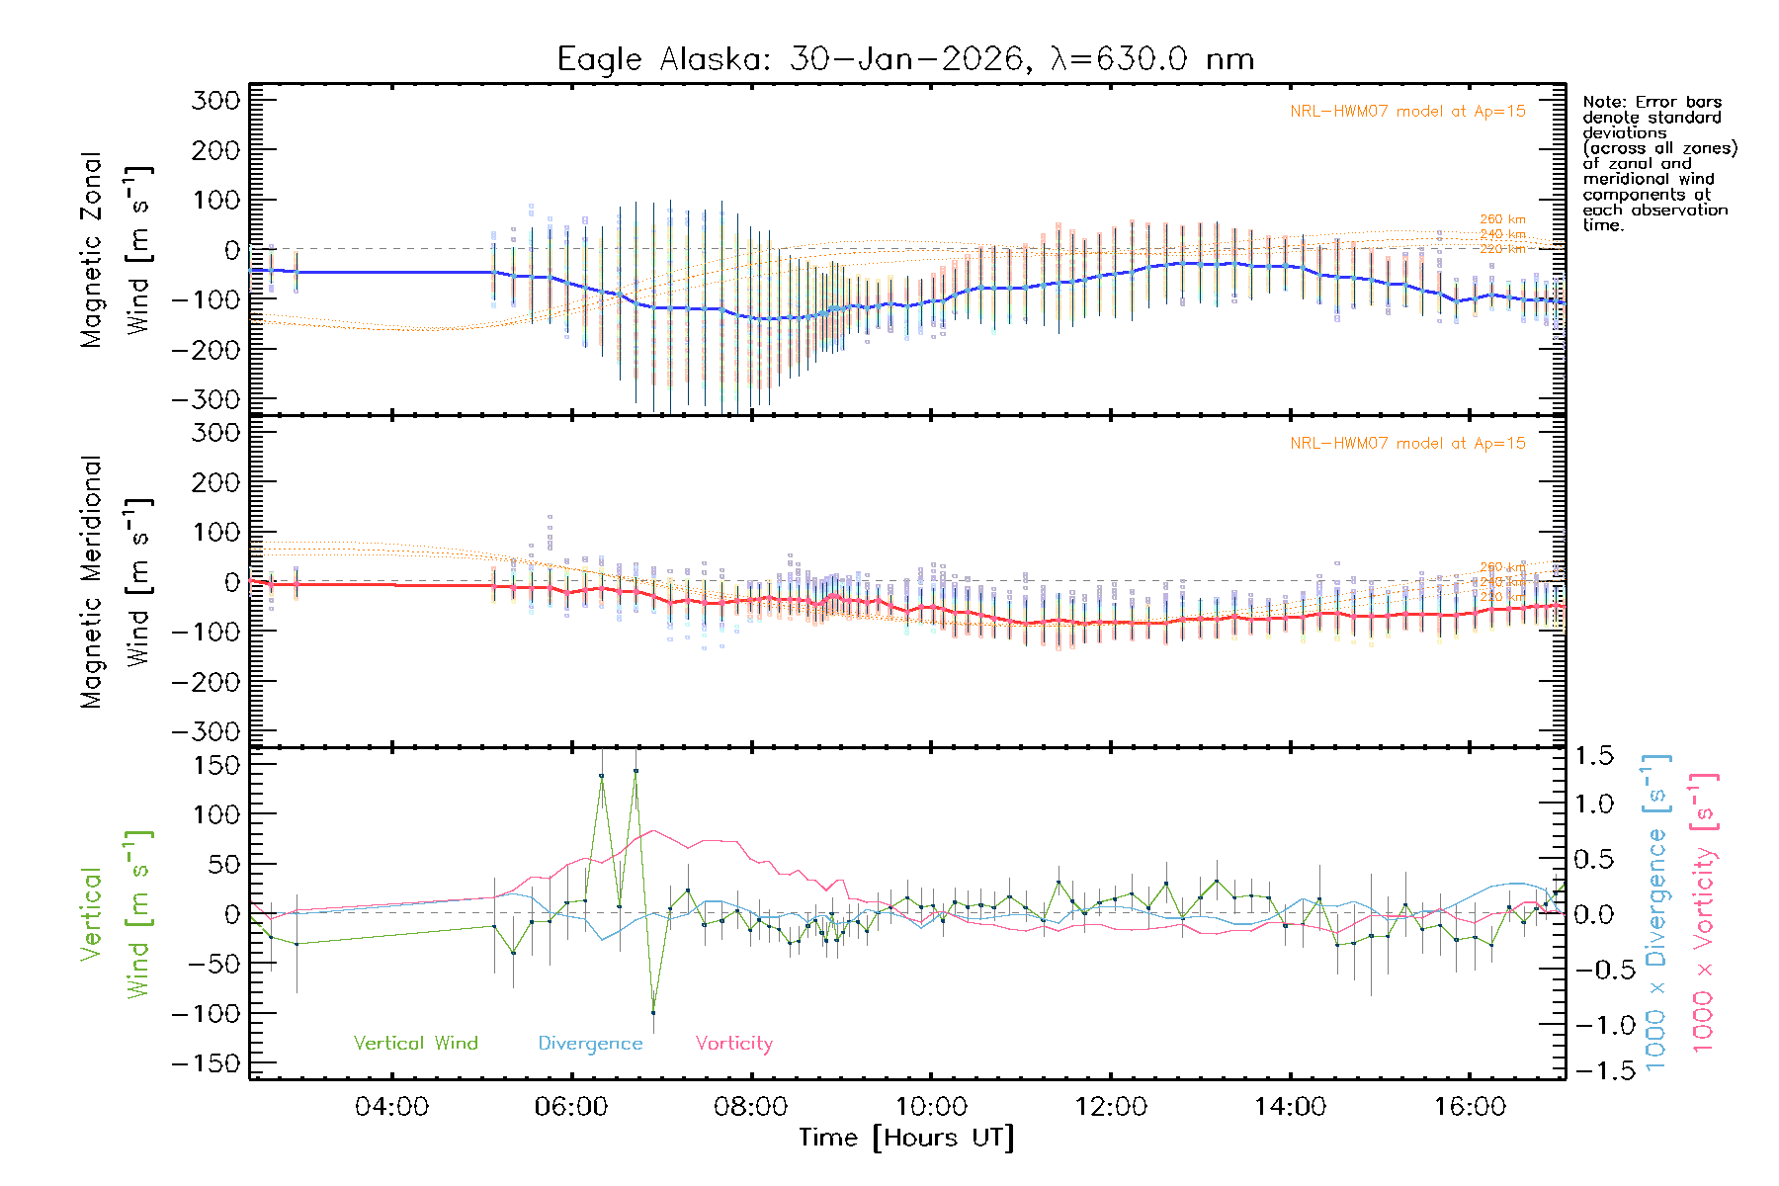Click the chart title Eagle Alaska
904,58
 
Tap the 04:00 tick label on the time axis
391,1106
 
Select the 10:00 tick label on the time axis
931,1106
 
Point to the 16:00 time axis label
1470,1106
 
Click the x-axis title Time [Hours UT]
905,1138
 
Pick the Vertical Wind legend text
415,1043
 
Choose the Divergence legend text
590,1043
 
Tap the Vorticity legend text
733,1043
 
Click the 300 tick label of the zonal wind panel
215,100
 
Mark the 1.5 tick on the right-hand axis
1594,756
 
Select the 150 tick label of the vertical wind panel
215,765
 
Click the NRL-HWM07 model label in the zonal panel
1407,111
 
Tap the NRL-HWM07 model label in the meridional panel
1407,443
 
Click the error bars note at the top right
1658,163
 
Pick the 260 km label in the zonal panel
1502,219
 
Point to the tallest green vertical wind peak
635,770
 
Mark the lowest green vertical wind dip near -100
653,1012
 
